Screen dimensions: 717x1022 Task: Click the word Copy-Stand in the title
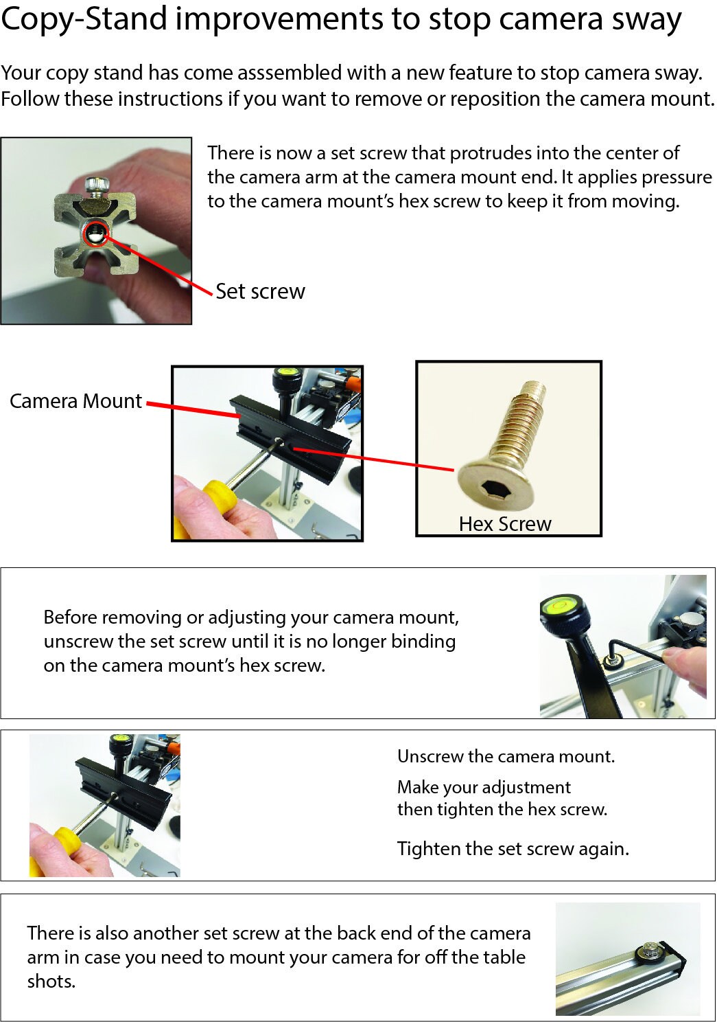pos(84,20)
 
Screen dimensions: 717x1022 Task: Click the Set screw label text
pos(260,291)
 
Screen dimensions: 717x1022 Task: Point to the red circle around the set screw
pos(96,233)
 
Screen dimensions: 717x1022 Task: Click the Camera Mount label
pos(75,401)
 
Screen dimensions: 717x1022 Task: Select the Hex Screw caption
pos(505,524)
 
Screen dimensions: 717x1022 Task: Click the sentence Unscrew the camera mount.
pos(506,756)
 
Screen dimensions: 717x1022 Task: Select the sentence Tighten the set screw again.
pos(513,849)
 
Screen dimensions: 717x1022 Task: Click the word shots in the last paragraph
pos(51,981)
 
